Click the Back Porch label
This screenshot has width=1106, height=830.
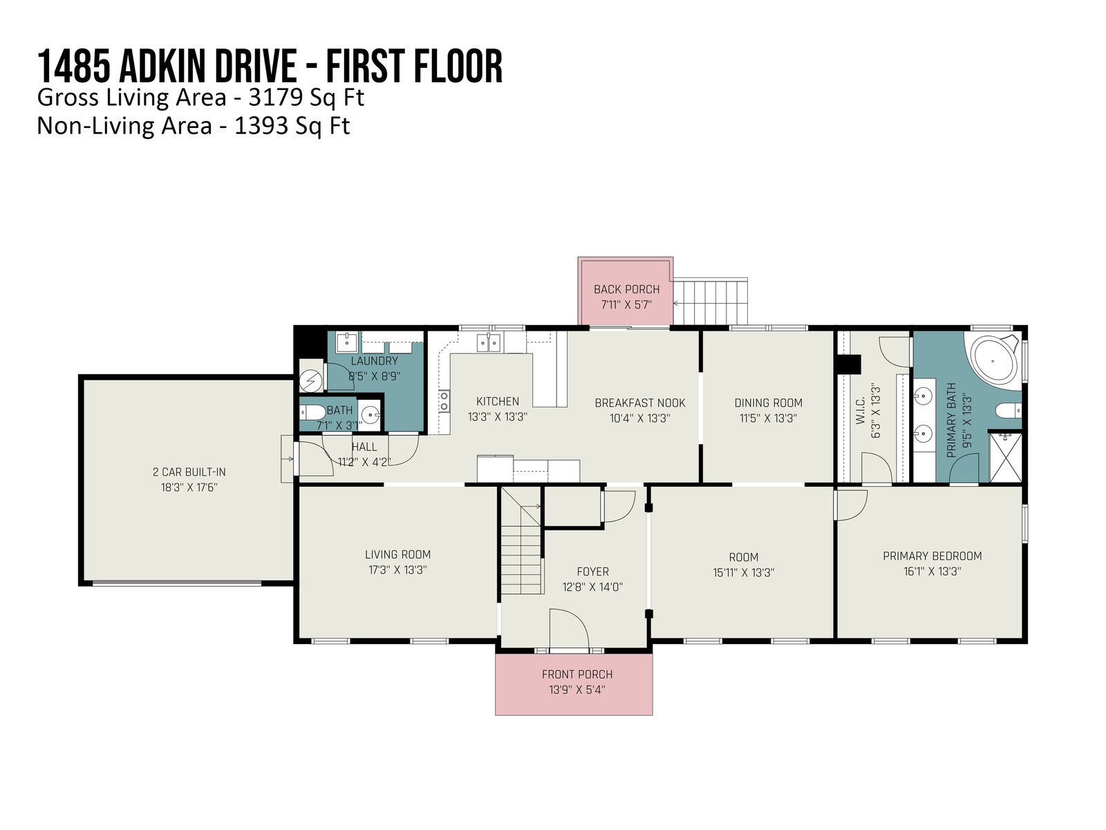pos(626,289)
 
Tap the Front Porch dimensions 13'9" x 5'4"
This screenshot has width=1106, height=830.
pos(577,690)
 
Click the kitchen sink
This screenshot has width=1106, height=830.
pos(489,343)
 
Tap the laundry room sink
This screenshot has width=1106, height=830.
pos(347,341)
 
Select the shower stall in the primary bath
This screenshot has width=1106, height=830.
pos(1005,456)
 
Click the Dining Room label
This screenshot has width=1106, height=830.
pos(768,403)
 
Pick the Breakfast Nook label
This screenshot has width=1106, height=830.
pos(640,403)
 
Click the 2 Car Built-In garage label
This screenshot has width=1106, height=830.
pos(189,472)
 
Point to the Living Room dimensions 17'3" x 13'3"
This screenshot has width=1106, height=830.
pos(397,570)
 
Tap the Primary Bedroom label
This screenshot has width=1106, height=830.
pos(932,556)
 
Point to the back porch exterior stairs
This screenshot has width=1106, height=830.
pos(711,302)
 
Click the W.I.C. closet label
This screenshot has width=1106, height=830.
pos(861,412)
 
